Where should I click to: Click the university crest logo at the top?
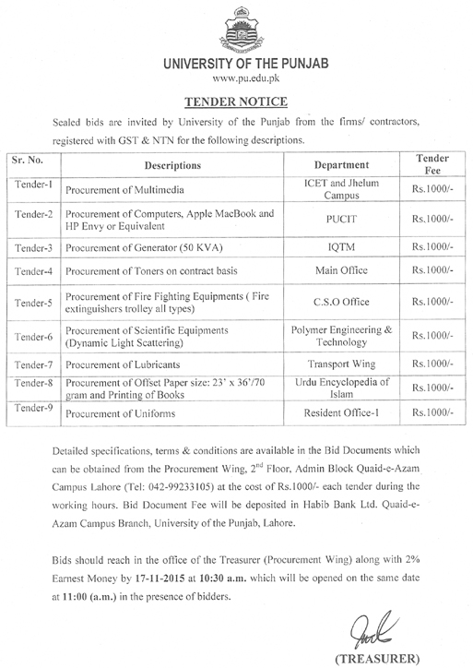click(x=236, y=29)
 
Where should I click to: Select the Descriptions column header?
click(x=172, y=165)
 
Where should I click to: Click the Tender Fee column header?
click(x=432, y=165)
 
